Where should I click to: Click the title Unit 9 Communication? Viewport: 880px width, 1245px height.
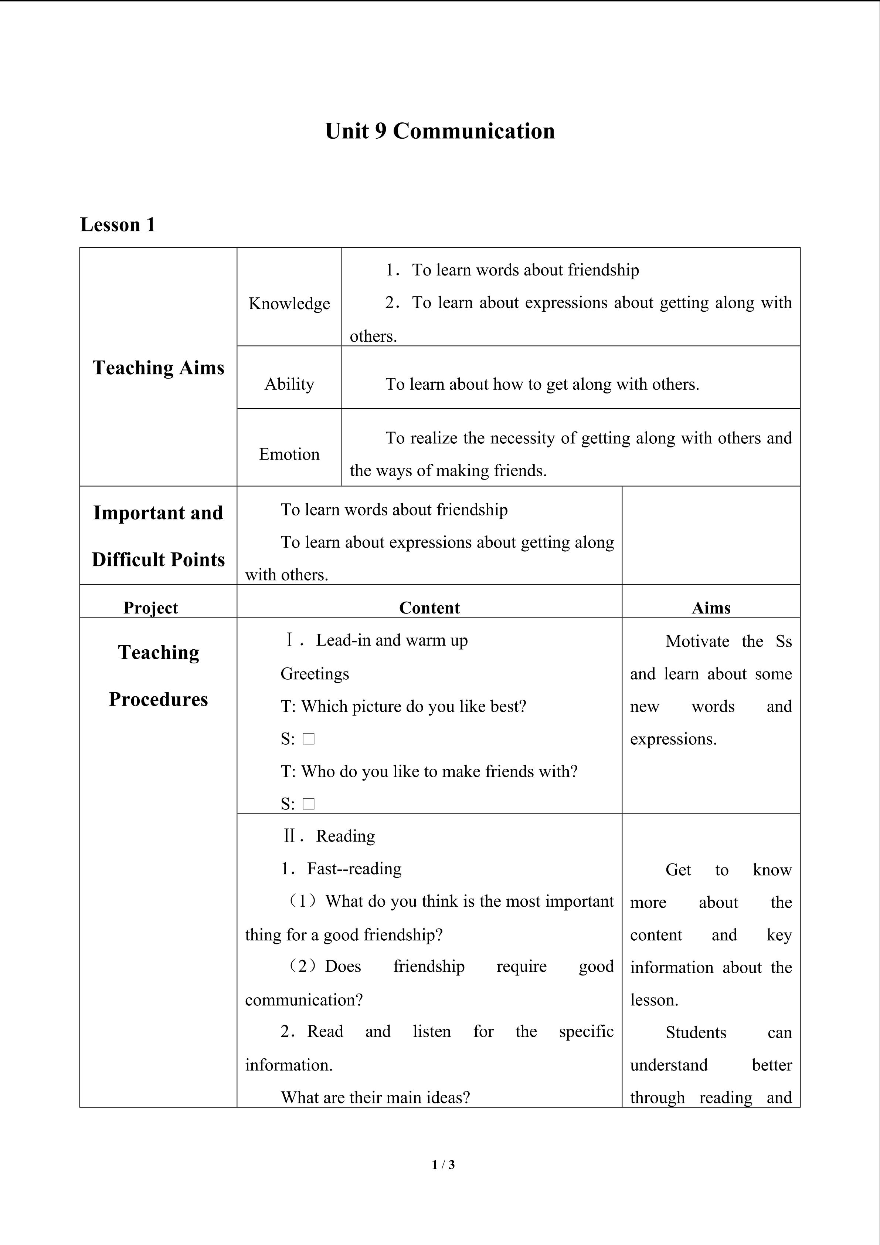click(x=439, y=131)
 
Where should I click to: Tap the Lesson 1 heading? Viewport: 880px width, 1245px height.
click(x=118, y=224)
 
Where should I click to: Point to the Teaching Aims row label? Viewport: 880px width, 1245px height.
click(x=158, y=368)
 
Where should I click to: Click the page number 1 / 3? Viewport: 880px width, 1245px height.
click(x=443, y=1164)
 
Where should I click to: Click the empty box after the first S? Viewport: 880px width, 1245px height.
click(x=309, y=739)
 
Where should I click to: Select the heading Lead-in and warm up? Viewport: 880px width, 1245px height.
click(x=391, y=640)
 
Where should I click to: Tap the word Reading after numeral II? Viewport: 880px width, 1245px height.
click(x=345, y=836)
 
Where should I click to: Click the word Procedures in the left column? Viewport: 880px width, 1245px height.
click(x=158, y=700)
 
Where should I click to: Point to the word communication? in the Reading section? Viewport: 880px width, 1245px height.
click(x=303, y=1000)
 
